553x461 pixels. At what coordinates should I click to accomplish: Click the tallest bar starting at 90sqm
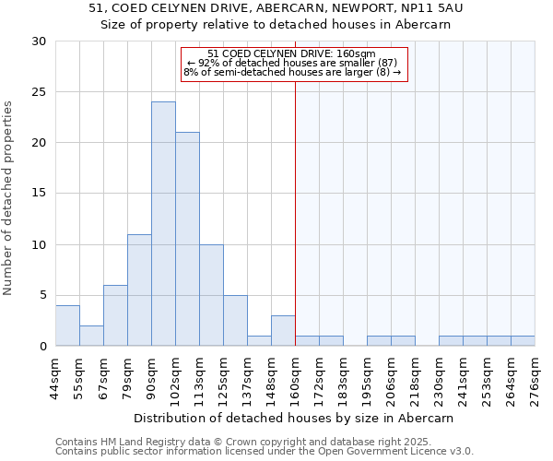[163, 224]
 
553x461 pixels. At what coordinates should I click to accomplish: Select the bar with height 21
[187, 239]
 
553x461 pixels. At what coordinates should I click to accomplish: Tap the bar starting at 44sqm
[67, 325]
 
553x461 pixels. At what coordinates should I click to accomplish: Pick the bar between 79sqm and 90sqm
[139, 290]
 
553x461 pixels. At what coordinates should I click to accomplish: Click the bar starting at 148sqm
[283, 331]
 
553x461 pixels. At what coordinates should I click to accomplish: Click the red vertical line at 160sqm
[295, 230]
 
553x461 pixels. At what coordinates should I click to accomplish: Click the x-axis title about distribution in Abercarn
[295, 418]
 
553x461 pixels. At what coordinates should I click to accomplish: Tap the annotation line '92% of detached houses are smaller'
[292, 63]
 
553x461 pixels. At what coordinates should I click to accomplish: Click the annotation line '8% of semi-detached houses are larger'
[292, 72]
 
